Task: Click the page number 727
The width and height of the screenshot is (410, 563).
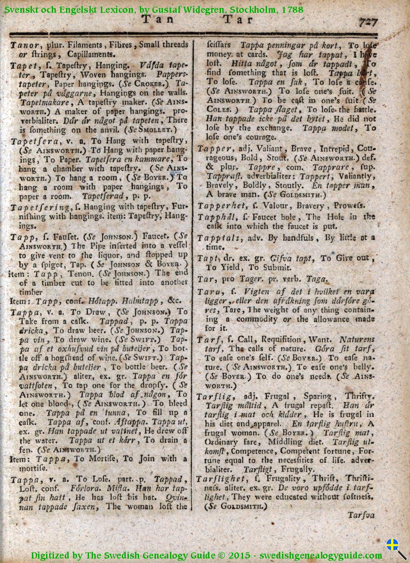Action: click(x=368, y=22)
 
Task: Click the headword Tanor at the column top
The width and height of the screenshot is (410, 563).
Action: click(x=26, y=45)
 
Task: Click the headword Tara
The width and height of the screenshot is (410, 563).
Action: click(x=207, y=292)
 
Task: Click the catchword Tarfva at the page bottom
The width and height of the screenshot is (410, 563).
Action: click(x=361, y=515)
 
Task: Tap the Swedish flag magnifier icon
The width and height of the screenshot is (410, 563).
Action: click(x=396, y=548)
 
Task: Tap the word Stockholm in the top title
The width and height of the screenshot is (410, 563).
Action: click(x=256, y=9)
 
